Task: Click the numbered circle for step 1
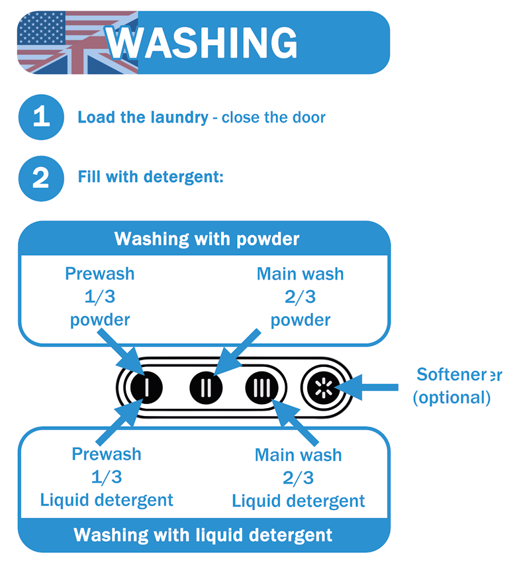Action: pos(40,117)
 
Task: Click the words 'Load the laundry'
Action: pos(143,118)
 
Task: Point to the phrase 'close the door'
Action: pos(273,118)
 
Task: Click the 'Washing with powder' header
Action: pos(207,238)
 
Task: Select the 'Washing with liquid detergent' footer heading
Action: pos(203,535)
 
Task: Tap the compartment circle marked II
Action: pos(207,386)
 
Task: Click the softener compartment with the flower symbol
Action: pos(322,386)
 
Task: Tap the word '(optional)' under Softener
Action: pos(451,397)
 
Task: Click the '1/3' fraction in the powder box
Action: pos(99,297)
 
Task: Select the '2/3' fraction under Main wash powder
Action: pos(301,297)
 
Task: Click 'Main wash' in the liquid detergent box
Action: pos(298,455)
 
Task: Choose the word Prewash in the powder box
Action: pos(99,274)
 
